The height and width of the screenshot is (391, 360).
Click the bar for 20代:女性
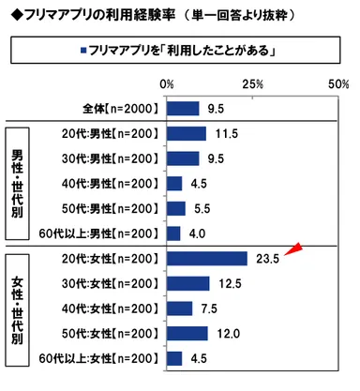tap(206, 258)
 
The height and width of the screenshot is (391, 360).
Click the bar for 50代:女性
tap(187, 333)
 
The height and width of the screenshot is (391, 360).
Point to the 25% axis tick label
tap(253, 84)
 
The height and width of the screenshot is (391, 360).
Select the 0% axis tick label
tap(169, 84)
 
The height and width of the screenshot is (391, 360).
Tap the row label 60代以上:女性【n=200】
tap(94, 358)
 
